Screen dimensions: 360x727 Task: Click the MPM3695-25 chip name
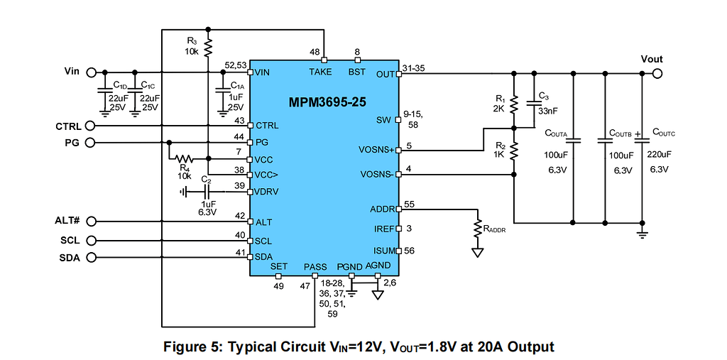327,102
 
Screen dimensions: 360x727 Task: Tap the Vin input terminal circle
91,72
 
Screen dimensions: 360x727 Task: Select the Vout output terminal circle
657,73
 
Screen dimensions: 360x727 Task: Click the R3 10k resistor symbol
208,48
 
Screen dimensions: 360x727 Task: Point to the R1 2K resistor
515,104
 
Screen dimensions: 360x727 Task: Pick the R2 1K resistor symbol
515,150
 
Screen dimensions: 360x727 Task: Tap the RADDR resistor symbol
478,228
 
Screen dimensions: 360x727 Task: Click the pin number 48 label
315,52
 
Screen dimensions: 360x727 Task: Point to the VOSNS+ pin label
377,150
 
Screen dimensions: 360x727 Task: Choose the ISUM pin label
383,251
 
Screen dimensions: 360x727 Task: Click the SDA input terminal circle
91,257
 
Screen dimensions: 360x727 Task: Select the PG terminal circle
91,143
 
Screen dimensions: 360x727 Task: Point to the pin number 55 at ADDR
410,204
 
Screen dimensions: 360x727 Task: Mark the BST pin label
357,72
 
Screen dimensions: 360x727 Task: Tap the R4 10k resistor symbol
185,159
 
